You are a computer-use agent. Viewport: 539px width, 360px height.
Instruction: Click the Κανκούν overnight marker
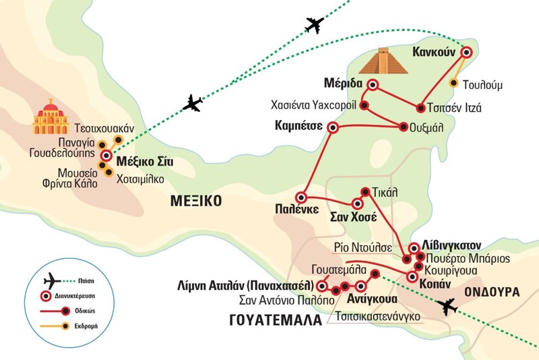pos(464,53)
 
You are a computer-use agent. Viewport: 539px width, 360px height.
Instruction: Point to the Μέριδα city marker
pos(373,86)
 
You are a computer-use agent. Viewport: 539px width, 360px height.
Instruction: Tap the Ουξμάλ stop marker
pos(404,125)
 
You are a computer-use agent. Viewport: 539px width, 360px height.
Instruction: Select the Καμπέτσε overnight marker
pos(331,127)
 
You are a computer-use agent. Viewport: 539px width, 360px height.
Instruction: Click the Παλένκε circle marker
pos(302,198)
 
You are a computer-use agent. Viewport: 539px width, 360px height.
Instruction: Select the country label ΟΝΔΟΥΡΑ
pos(492,292)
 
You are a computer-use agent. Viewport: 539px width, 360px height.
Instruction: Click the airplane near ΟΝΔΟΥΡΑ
pos(446,307)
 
